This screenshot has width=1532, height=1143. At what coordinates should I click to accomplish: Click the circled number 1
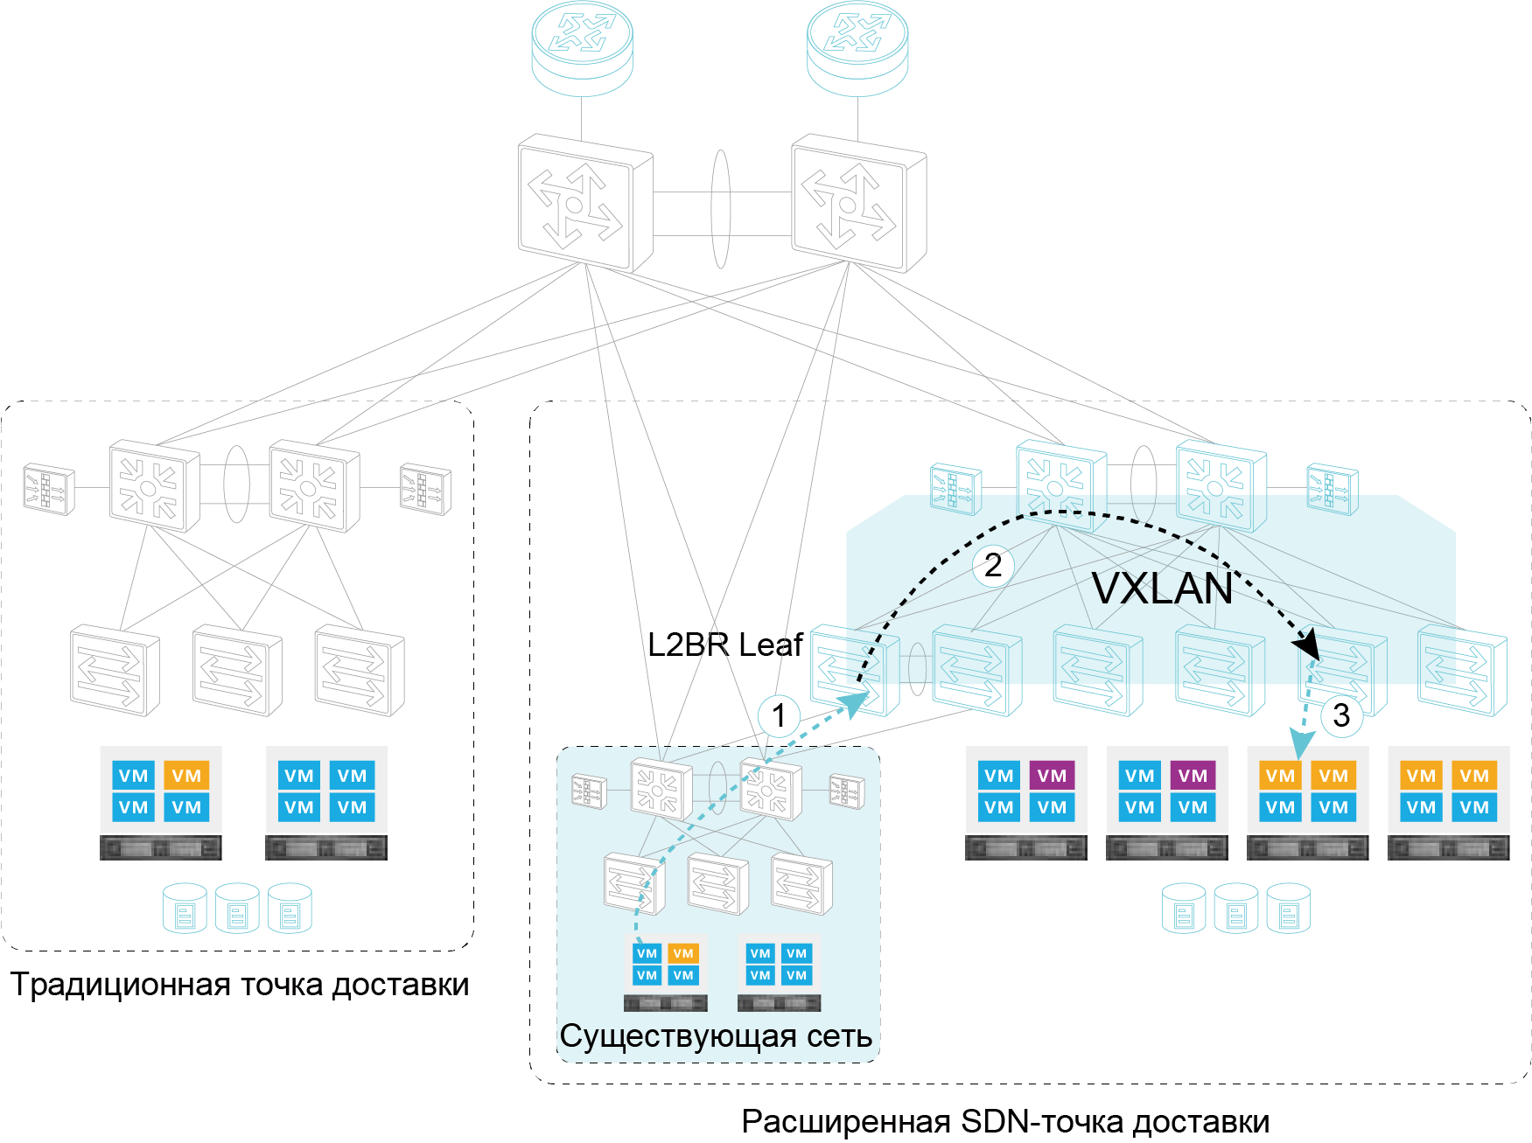(779, 717)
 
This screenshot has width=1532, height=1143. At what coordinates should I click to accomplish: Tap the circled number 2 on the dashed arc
(993, 566)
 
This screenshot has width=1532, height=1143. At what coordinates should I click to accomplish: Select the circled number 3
(1341, 715)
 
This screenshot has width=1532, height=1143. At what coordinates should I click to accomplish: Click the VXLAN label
(1162, 589)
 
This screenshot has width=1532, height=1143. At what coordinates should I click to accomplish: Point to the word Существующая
(678, 1036)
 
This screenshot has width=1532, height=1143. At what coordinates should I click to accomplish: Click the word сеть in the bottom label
(839, 1036)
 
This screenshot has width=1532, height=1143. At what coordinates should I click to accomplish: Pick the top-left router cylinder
(582, 48)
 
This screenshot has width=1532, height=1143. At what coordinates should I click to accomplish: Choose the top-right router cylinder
(857, 48)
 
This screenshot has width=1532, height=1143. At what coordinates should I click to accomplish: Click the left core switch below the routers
(584, 203)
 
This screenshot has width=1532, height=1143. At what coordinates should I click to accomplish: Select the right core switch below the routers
(858, 203)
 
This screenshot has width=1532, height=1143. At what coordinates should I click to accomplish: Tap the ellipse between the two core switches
(720, 208)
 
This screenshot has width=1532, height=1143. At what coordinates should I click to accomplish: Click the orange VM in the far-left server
(186, 776)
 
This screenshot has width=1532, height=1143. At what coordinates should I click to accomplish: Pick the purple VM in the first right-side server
(1052, 776)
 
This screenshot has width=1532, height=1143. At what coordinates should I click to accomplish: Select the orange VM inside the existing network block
(683, 953)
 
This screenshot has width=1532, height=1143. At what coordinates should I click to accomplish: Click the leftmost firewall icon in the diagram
(49, 488)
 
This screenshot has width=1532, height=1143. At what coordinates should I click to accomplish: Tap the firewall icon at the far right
(1333, 488)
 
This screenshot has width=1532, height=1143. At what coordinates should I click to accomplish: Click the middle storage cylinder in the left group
(237, 909)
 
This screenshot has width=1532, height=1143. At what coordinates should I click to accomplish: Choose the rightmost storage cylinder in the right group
(1288, 909)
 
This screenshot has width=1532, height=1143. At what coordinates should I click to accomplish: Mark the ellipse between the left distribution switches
(236, 484)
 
